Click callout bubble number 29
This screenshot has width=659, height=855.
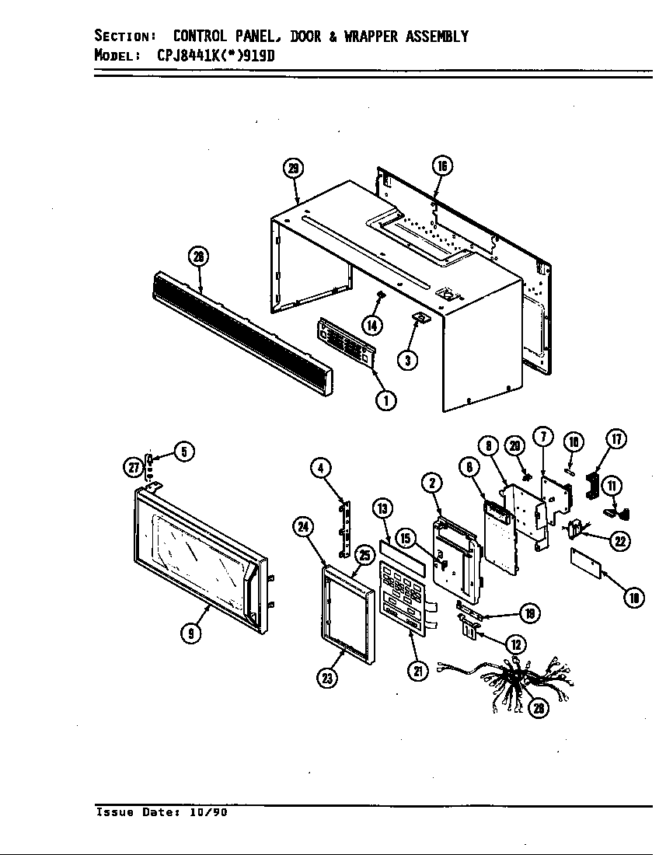(x=292, y=169)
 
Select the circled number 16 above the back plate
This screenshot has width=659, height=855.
(x=441, y=166)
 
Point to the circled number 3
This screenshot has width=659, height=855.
(x=406, y=359)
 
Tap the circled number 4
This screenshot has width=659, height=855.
(x=320, y=467)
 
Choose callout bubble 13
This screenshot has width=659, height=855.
(x=382, y=509)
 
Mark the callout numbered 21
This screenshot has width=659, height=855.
(x=419, y=671)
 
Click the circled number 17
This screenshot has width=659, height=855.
(x=615, y=439)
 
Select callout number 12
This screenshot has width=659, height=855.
(x=514, y=643)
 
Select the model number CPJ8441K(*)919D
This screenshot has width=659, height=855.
(x=210, y=55)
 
